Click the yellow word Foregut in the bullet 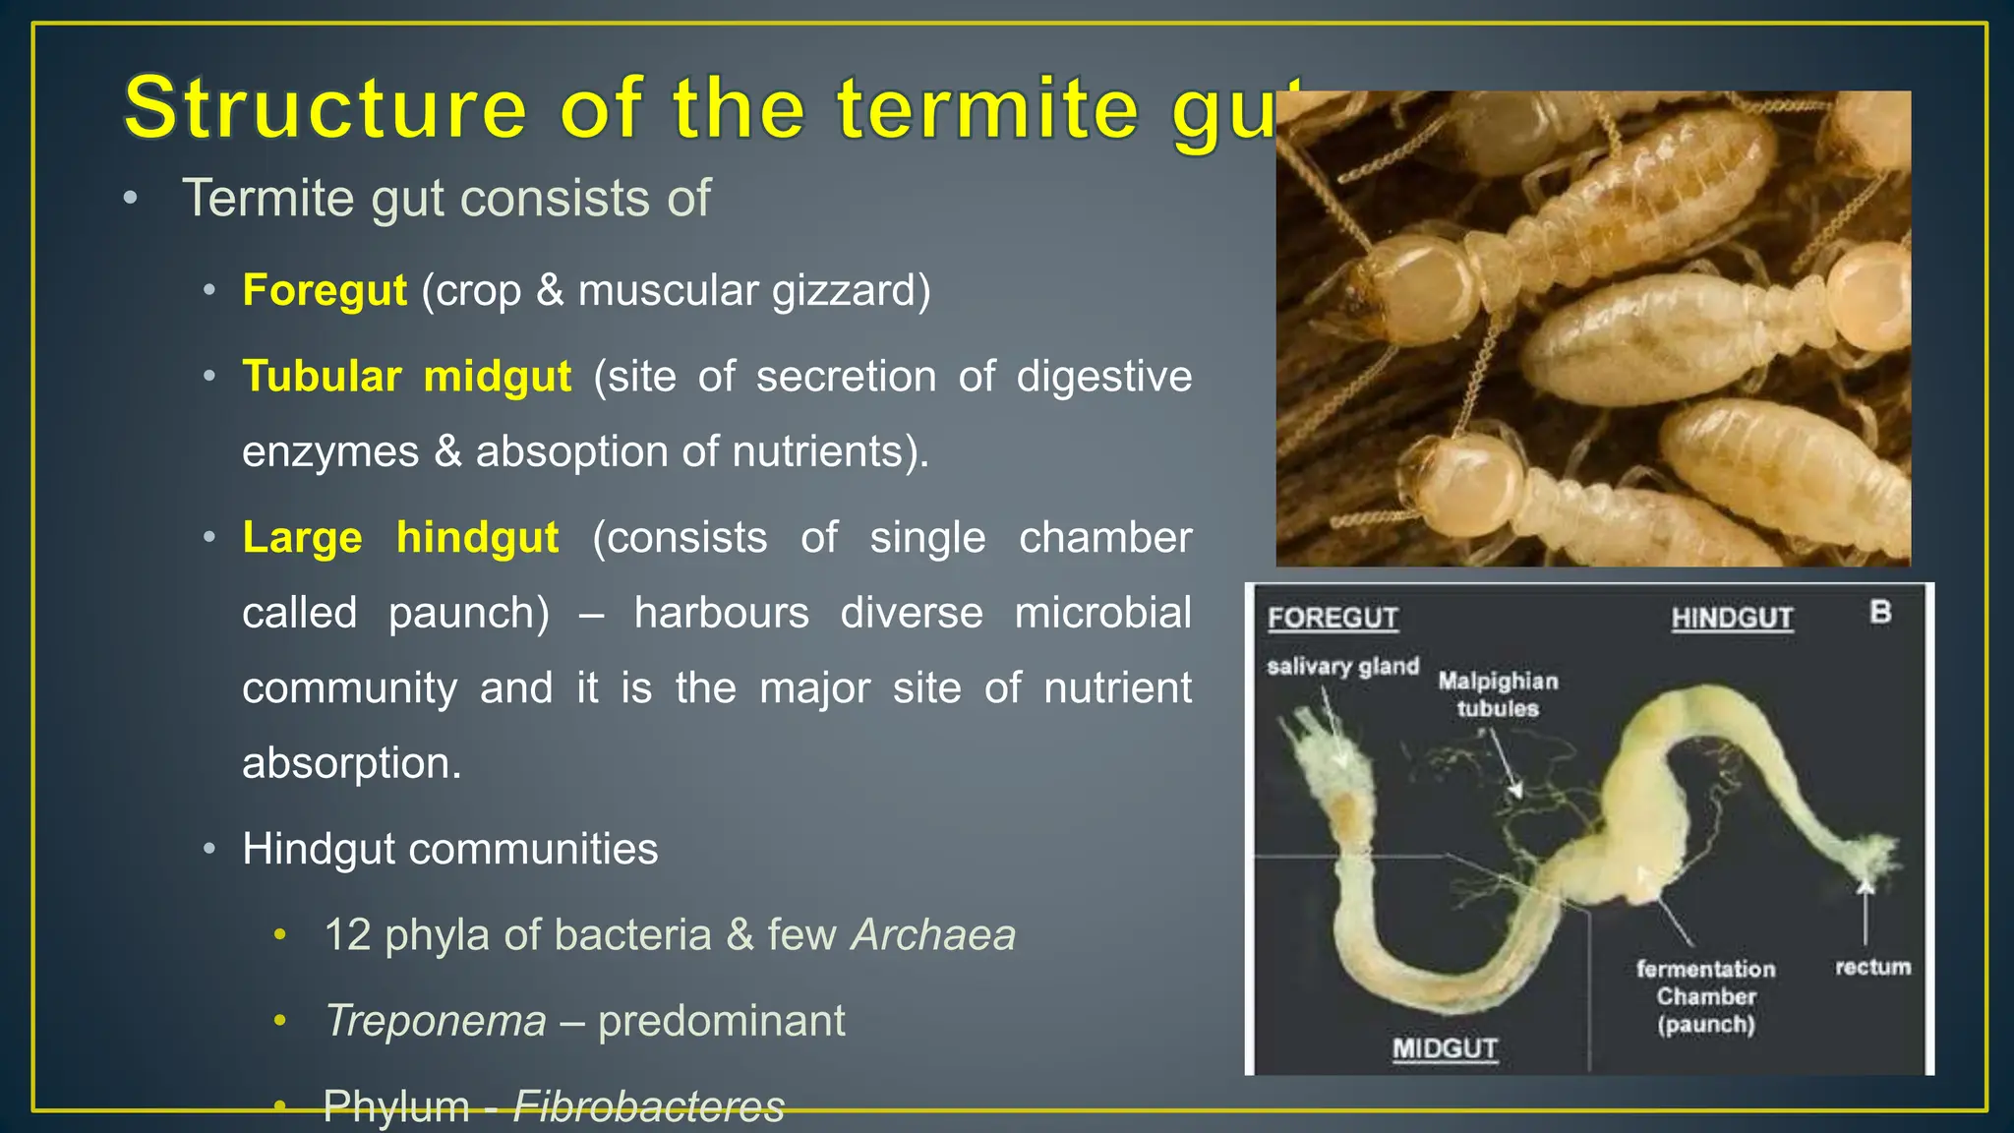pos(324,291)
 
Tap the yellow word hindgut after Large pos(477,538)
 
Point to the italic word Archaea pos(933,935)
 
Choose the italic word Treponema pos(436,1021)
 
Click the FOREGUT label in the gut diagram pos(1333,619)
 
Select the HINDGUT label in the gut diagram pos(1732,619)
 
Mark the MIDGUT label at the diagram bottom pos(1445,1049)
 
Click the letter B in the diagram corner pos(1880,612)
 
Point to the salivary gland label pos(1342,667)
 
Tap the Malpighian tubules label pos(1498,694)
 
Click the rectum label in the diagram pos(1872,968)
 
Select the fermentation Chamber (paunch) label pos(1706,996)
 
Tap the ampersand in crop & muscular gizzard pos(550,291)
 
